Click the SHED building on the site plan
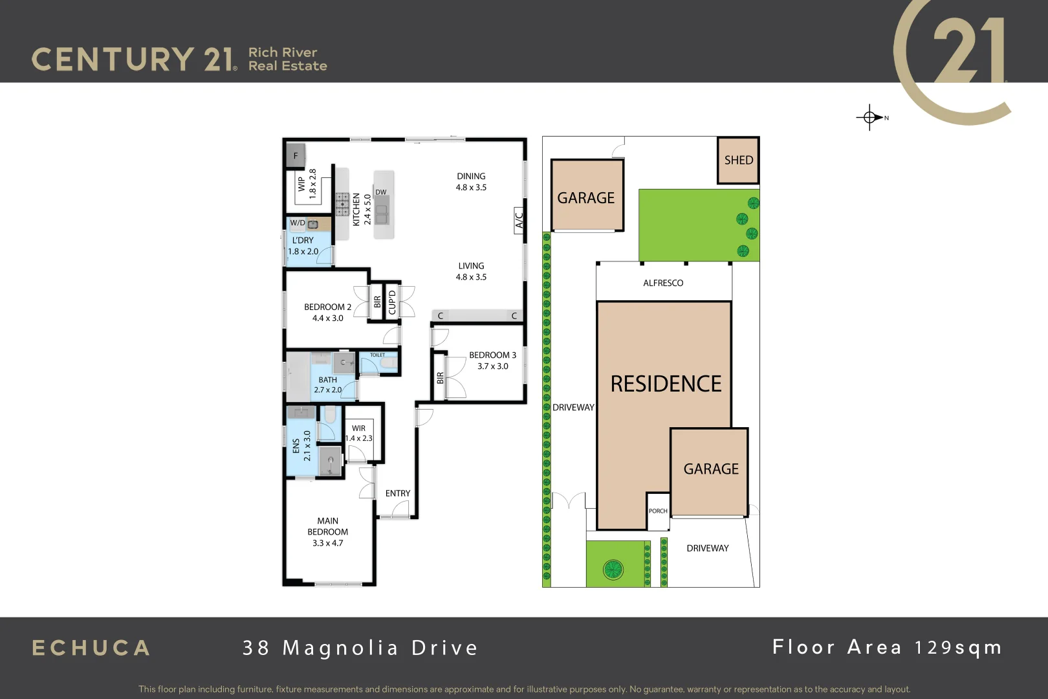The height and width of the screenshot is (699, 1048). [x=738, y=160]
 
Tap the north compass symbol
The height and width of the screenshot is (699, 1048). [x=871, y=117]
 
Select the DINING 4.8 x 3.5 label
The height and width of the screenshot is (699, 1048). [x=471, y=182]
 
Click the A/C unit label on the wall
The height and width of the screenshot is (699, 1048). [x=519, y=220]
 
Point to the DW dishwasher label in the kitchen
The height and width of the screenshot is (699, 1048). [x=381, y=192]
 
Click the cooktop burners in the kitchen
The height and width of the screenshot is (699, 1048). [x=342, y=205]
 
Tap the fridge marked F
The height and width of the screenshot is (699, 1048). [x=296, y=156]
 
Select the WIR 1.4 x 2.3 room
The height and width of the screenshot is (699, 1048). [x=359, y=433]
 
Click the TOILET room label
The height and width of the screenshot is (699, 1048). [x=378, y=355]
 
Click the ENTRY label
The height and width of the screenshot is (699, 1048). [x=398, y=493]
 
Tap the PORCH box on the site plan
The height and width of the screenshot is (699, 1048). [x=658, y=511]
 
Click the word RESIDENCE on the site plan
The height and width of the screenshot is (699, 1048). [x=666, y=384]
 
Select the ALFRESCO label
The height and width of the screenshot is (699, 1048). [x=663, y=283]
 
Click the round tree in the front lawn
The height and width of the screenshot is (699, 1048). [x=613, y=570]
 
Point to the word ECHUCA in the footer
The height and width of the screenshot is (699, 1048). [x=91, y=648]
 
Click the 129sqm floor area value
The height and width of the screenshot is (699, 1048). [x=958, y=647]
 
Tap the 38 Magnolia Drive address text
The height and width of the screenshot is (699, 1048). [x=360, y=648]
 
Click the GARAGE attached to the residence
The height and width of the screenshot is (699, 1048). [x=710, y=469]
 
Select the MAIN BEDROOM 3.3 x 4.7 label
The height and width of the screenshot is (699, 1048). [x=328, y=532]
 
